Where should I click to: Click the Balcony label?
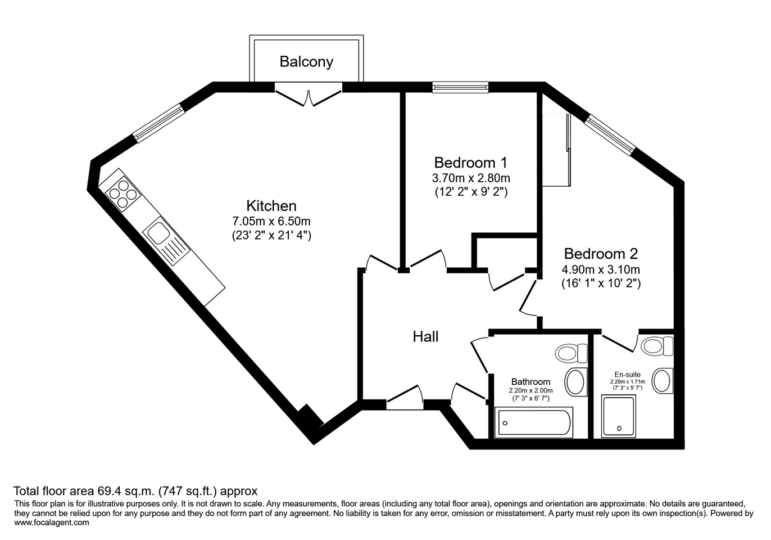306,62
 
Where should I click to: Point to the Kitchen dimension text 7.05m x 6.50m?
271,220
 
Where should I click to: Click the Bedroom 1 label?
470,163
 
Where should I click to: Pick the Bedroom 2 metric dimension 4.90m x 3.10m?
601,269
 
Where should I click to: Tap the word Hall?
425,337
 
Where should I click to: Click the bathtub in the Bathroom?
533,422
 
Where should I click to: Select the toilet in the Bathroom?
571,353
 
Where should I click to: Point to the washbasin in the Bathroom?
575,382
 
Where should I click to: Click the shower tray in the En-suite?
618,416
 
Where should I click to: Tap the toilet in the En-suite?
657,345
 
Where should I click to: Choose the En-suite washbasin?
663,381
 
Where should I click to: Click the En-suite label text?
628,375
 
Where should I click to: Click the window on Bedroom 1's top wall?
460,87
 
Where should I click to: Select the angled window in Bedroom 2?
610,135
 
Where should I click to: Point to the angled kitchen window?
158,124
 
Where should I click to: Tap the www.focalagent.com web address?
52,523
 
